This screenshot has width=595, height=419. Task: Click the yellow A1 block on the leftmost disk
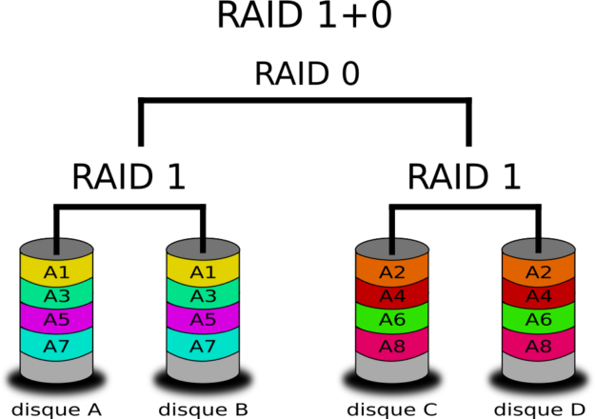[x=56, y=272]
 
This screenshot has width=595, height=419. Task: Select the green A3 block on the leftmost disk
[x=56, y=296]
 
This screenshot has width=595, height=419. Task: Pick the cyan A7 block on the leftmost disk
[x=56, y=346]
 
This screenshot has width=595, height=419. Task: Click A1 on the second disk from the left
[x=203, y=272]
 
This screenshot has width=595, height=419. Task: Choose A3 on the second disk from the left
[x=203, y=296]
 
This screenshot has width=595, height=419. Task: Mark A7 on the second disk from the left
[x=203, y=346]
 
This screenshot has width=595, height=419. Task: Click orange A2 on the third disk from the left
[x=392, y=272]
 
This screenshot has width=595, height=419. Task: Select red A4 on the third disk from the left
[x=392, y=296]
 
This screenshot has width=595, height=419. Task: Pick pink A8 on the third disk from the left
[x=392, y=346]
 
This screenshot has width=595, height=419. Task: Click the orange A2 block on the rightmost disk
[x=539, y=272]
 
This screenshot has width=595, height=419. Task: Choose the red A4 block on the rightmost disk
[x=539, y=296]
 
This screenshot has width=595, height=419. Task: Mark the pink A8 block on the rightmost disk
[x=539, y=346]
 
